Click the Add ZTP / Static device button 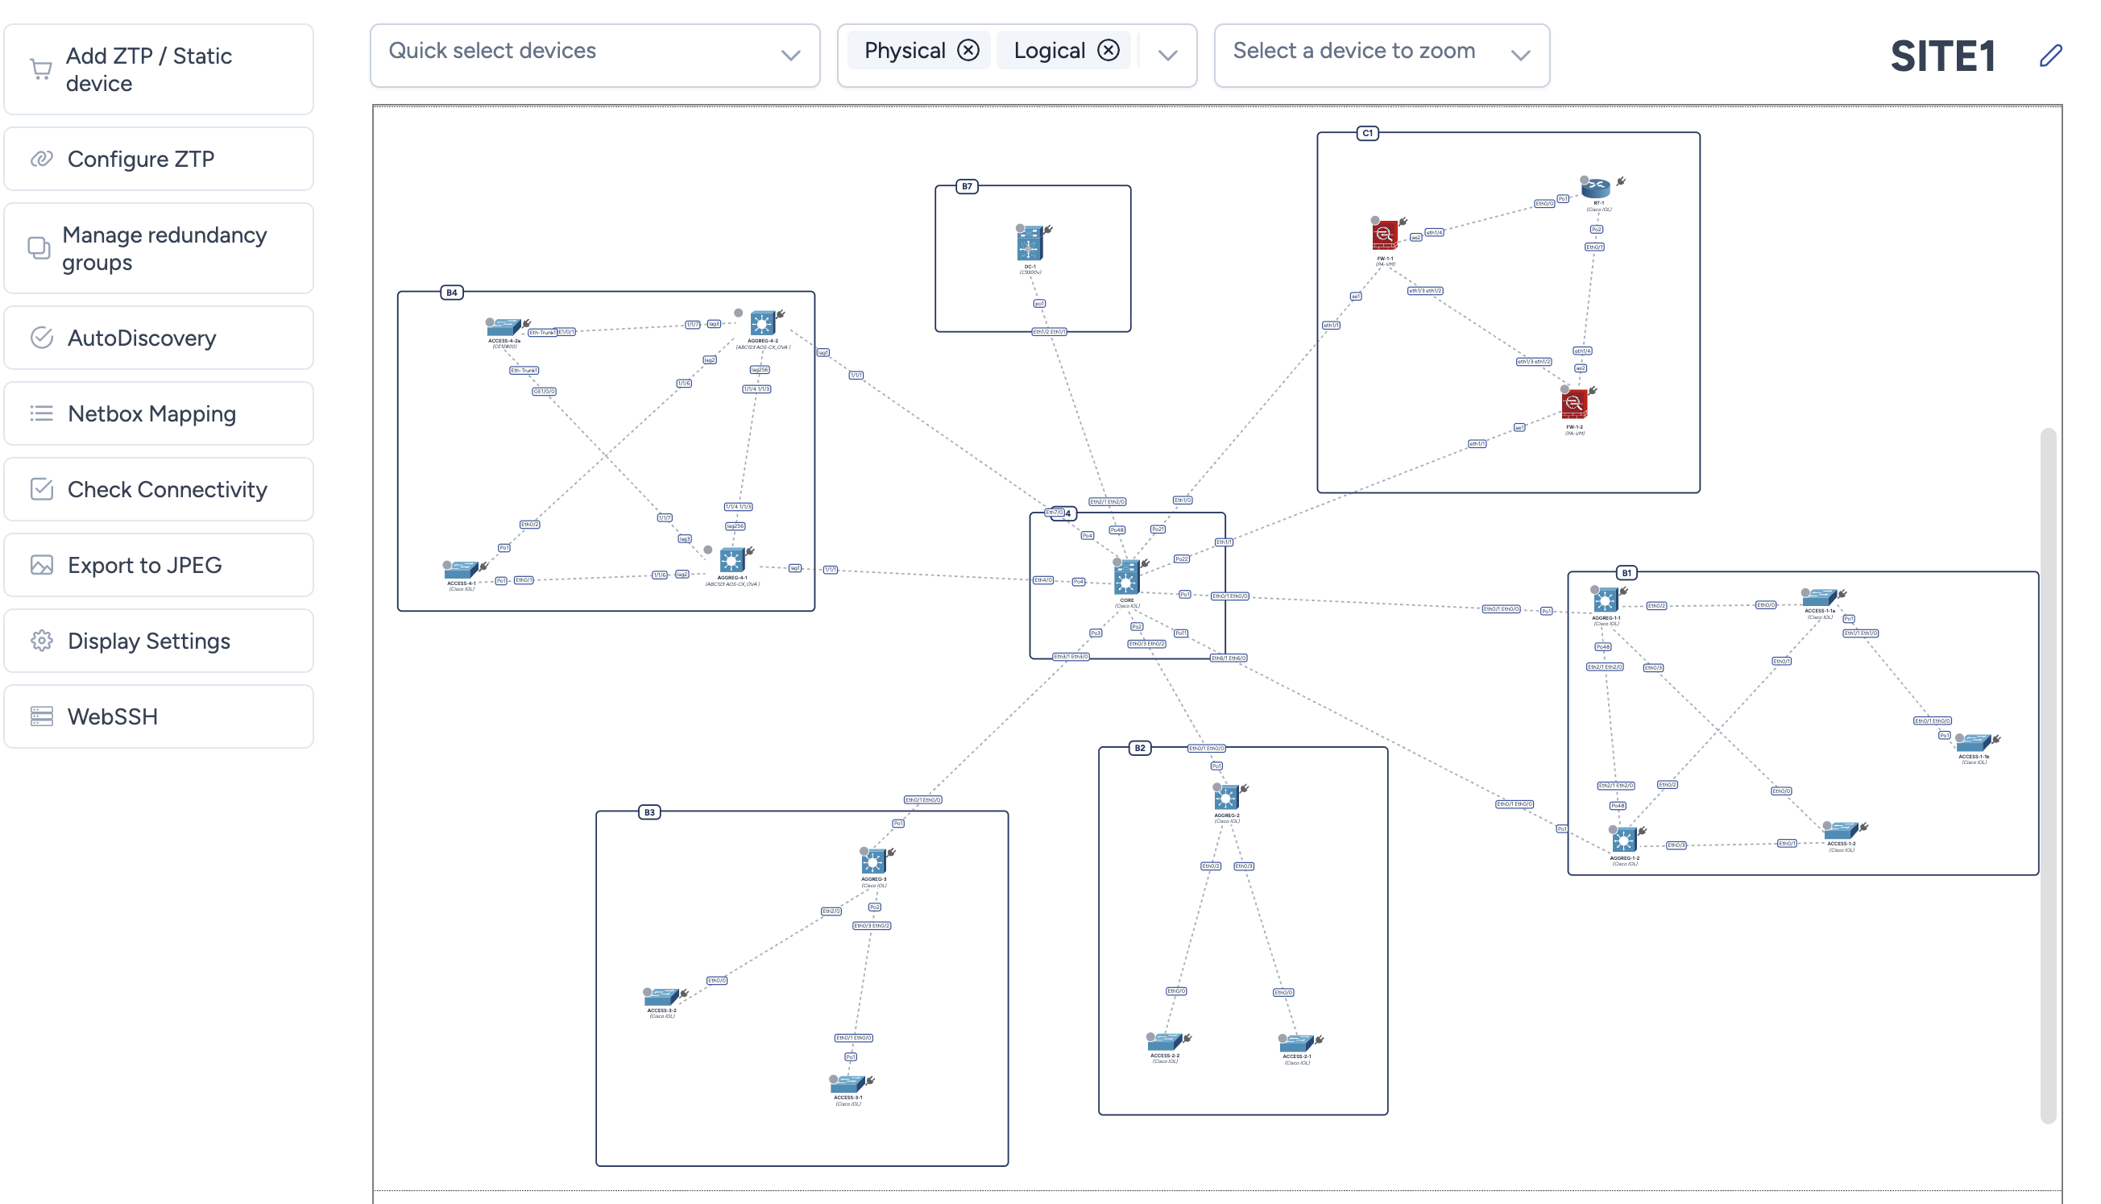click(159, 69)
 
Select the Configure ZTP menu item click(159, 159)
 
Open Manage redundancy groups click(159, 248)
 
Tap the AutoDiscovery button click(159, 338)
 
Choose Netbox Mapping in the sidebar click(159, 413)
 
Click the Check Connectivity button click(159, 489)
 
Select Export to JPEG click(159, 565)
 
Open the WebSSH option click(159, 716)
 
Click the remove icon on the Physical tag click(968, 51)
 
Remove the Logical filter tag click(1109, 51)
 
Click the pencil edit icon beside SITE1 click(2050, 56)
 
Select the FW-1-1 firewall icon click(1384, 235)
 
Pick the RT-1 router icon click(1597, 188)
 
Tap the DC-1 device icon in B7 click(1029, 245)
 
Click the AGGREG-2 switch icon click(1226, 798)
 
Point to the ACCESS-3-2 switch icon click(661, 997)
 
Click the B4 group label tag click(451, 293)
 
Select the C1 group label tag click(1367, 133)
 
